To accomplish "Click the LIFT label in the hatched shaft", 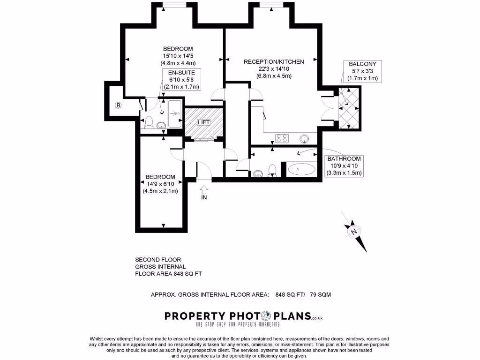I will point(203,122).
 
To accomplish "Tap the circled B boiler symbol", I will point(119,105).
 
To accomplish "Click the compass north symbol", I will point(354,231).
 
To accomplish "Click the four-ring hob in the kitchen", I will point(282,138).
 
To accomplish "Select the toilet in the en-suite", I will point(149,122).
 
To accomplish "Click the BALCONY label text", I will point(362,64).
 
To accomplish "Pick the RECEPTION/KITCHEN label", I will point(274,61).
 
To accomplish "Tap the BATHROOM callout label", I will point(344,159).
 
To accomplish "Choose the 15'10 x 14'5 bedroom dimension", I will point(178,56).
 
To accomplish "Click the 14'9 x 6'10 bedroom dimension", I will point(160,184).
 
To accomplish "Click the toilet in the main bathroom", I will point(272,172).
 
